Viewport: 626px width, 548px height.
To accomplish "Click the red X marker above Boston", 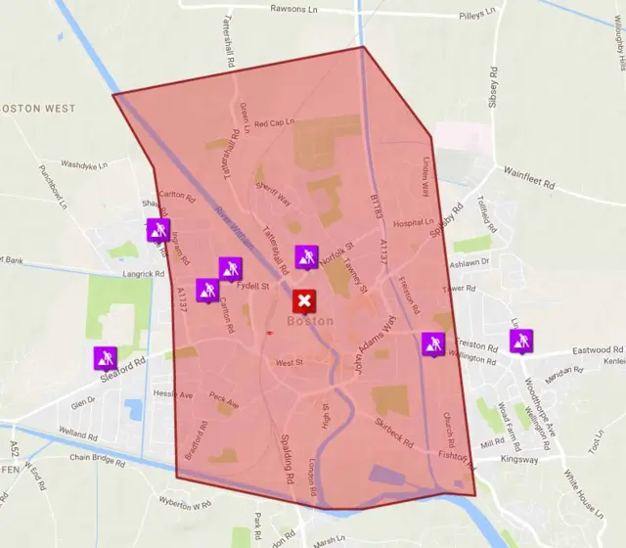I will (x=305, y=300).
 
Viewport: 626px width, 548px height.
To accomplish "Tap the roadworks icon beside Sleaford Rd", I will (x=106, y=358).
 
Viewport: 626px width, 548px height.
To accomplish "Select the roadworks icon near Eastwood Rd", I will (x=520, y=341).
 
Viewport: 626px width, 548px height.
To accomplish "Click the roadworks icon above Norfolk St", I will (x=307, y=256).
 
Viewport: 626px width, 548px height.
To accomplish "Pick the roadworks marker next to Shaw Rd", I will (x=158, y=230).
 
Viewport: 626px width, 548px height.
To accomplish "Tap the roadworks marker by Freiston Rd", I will (x=433, y=343).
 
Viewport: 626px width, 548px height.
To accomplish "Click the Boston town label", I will (x=310, y=321).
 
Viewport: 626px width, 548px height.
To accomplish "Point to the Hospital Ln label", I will (x=414, y=223).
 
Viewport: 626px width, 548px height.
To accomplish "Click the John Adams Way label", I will (x=376, y=346).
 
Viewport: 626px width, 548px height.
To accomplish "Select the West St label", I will (x=290, y=363).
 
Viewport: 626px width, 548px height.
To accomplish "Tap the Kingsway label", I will (x=518, y=459).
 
